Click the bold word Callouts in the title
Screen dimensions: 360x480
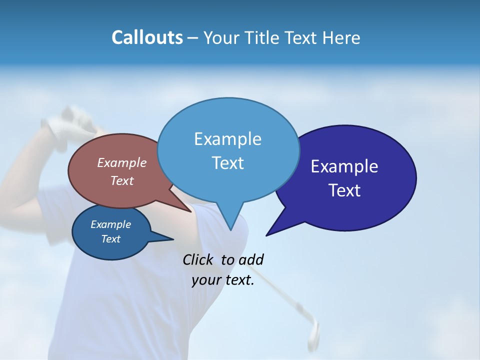(147, 37)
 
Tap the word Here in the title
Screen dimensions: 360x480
(342, 38)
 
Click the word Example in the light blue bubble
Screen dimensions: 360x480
(227, 139)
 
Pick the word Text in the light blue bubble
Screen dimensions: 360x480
(227, 163)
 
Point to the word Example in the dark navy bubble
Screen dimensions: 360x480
(344, 166)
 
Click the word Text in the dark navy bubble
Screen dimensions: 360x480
(344, 190)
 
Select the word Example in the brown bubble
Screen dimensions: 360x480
(122, 162)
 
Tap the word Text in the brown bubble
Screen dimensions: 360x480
(122, 180)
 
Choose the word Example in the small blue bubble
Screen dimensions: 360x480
(110, 224)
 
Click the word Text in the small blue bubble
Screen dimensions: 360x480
(110, 239)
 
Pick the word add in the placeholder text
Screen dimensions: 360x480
(251, 259)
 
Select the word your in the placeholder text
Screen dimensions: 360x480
(206, 280)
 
